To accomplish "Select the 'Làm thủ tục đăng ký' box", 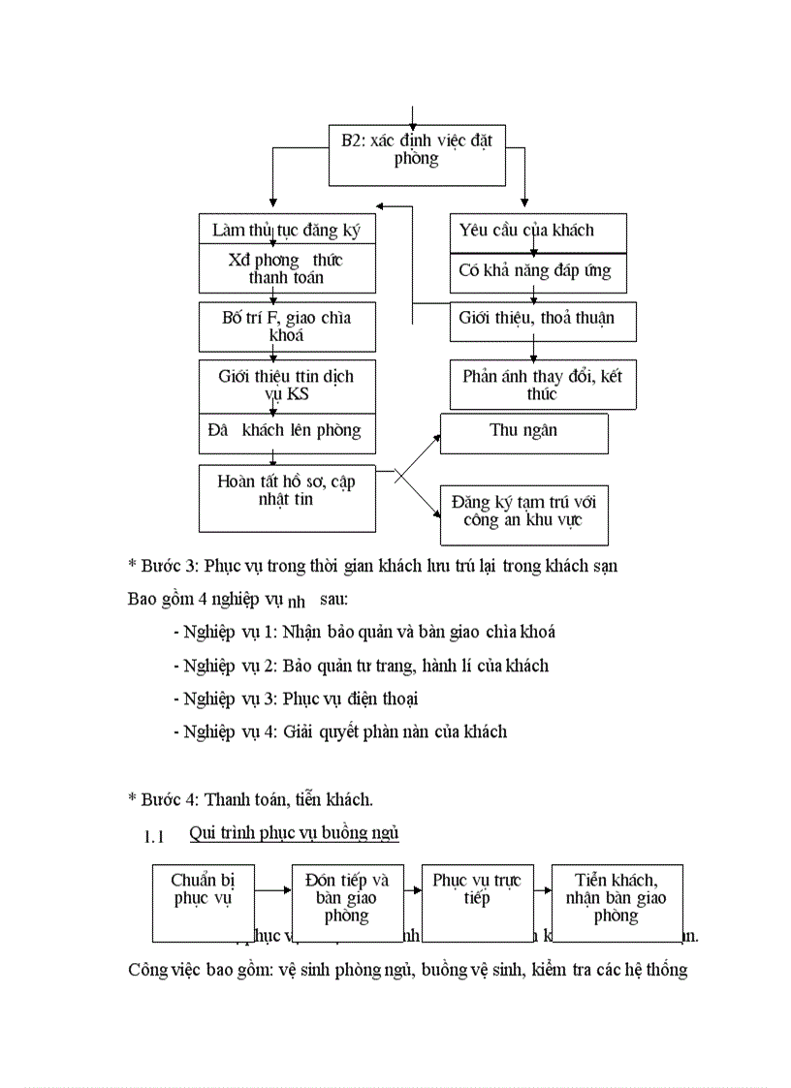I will click(x=287, y=230).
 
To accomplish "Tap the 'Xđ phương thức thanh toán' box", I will click(x=287, y=268).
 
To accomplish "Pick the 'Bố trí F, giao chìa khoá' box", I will click(x=287, y=326).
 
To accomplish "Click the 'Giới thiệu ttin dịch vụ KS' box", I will click(x=287, y=385).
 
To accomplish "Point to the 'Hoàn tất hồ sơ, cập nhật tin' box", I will click(x=287, y=497).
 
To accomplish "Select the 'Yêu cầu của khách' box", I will click(x=537, y=232).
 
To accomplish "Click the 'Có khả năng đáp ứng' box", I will click(x=537, y=272).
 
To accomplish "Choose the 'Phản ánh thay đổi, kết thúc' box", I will click(x=543, y=385).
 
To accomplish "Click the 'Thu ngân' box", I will click(x=523, y=433).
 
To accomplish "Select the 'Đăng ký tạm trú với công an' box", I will click(x=523, y=513).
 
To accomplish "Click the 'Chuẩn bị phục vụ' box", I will click(x=204, y=901).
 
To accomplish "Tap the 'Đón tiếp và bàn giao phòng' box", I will click(x=346, y=901).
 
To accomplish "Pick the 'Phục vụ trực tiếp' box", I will click(x=477, y=901).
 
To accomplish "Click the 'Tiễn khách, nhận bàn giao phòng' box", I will click(x=617, y=901).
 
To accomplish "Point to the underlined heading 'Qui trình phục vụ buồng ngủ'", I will click(x=295, y=832).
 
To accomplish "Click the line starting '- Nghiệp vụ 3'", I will click(x=296, y=699).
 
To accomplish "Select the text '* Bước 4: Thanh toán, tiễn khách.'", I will click(x=250, y=799).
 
